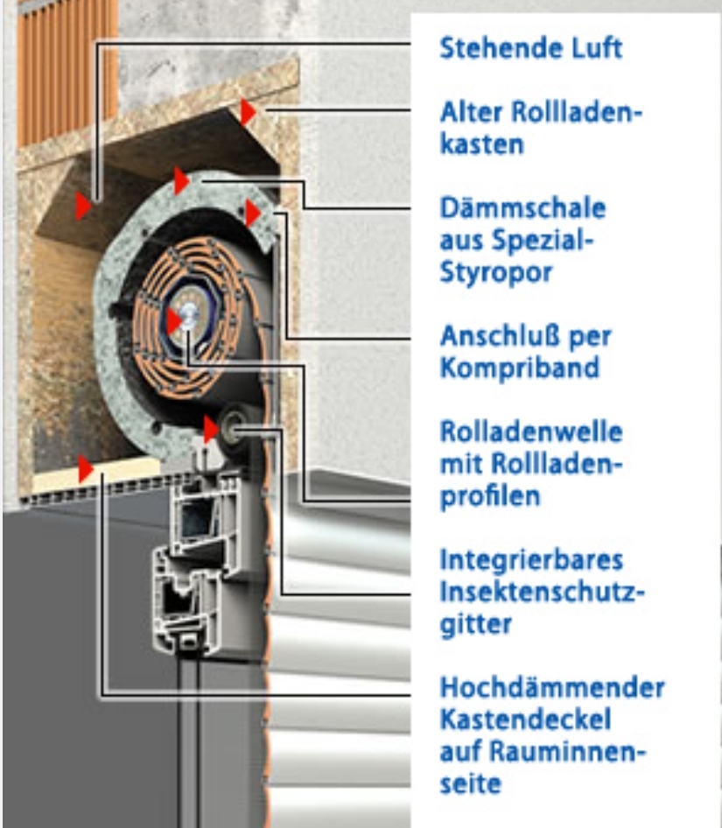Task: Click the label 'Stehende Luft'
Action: pos(531,48)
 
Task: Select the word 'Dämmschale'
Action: pos(522,208)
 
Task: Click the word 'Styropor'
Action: pos(496,273)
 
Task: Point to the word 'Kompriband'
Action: pos(520,368)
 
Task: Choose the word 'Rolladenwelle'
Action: pos(531,432)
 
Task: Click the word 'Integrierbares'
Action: pos(531,560)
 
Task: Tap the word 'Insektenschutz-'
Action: pos(543,592)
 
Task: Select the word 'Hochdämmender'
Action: pos(552,688)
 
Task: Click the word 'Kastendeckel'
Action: pos(525,719)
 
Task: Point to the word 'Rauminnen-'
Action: pos(568,752)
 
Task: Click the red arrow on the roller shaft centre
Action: pos(175,320)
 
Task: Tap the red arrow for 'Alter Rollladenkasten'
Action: pos(249,112)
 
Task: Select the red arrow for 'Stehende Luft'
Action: pos(83,206)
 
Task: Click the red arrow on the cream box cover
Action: pos(86,469)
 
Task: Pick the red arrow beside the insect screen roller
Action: pos(211,429)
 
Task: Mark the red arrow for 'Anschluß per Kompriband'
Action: pos(253,214)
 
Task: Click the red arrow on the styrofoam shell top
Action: pos(182,180)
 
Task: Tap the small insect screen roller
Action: pos(233,429)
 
